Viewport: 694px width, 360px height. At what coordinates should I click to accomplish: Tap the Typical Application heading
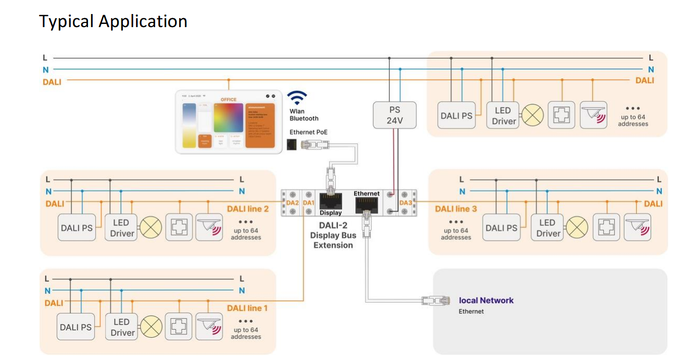[113, 21]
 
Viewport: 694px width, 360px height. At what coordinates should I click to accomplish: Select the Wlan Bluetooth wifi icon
[297, 98]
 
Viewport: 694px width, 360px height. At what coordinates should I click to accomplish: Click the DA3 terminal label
[406, 203]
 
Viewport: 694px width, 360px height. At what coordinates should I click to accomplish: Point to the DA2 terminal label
[293, 202]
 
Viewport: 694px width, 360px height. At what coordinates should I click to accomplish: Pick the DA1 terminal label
[308, 202]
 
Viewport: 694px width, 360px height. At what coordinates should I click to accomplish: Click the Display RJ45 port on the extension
[331, 201]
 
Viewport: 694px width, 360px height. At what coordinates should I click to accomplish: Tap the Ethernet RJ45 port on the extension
[367, 205]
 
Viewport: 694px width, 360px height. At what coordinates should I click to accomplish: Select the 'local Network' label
[486, 301]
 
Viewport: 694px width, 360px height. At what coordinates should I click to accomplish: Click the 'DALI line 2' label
[248, 209]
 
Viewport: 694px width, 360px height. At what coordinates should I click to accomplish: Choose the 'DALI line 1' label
[247, 308]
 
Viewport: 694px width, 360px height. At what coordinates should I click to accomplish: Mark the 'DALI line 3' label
[456, 209]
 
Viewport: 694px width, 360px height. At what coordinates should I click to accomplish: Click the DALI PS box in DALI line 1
[75, 327]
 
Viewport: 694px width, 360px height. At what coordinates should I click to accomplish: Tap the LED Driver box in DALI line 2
[121, 228]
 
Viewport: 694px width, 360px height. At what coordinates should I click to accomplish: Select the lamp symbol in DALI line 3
[576, 228]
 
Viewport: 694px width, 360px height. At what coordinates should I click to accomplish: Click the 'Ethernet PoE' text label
[309, 132]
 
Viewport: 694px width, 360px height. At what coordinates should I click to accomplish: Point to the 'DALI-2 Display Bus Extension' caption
[333, 235]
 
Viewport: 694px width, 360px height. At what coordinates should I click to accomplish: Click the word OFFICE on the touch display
[228, 100]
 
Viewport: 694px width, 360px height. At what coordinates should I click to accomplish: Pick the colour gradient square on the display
[229, 118]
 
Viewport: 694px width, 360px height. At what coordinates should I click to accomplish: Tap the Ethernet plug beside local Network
[435, 300]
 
